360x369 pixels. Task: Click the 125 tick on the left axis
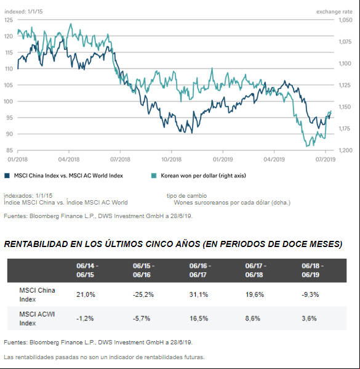click(x=9, y=20)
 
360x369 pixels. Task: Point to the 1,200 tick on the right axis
click(x=345, y=150)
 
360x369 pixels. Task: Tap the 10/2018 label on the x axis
click(x=172, y=160)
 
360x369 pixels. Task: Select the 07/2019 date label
click(x=326, y=160)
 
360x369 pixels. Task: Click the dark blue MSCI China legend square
click(x=7, y=176)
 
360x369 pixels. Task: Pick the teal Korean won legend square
click(x=154, y=176)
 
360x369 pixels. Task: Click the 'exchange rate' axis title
click(x=334, y=12)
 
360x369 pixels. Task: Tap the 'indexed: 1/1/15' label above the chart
click(x=23, y=12)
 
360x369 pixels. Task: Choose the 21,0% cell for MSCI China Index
click(x=86, y=294)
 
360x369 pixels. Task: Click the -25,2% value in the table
click(x=143, y=294)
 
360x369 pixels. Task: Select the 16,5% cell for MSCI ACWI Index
click(x=199, y=318)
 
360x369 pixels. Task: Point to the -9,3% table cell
click(x=310, y=294)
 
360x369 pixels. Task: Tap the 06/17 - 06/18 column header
click(x=255, y=270)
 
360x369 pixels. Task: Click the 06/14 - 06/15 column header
click(x=87, y=270)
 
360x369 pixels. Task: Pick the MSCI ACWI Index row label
click(x=37, y=318)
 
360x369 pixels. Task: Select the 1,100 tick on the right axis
click(x=345, y=63)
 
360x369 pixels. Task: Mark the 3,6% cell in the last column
click(x=309, y=318)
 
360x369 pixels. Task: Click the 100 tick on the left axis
click(x=8, y=102)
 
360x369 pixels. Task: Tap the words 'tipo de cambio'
click(x=186, y=196)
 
